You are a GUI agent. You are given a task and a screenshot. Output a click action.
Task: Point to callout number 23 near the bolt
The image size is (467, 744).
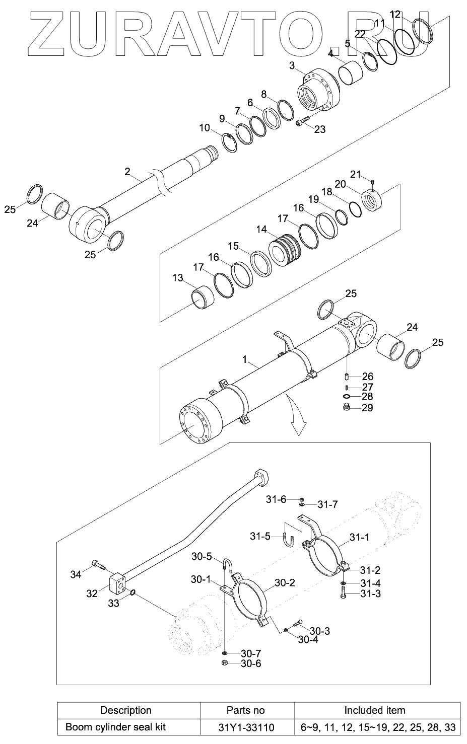coord(320,129)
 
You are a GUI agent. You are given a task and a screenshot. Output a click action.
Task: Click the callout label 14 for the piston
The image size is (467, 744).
coord(261,229)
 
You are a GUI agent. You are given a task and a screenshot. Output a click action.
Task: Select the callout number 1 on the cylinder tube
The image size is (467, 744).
coord(245,359)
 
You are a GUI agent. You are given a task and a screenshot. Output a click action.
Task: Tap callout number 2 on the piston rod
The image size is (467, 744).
coord(127,171)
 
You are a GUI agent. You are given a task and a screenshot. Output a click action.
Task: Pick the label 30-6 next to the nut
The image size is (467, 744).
coord(251,663)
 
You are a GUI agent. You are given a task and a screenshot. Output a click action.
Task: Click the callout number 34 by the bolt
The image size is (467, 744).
coord(76,574)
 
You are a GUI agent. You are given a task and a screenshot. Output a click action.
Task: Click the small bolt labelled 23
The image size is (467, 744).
coord(302,121)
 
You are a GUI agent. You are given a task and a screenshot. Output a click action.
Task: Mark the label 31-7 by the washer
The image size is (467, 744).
coord(328,504)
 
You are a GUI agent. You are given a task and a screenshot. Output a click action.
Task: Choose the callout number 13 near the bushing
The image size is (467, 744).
coord(178,278)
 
